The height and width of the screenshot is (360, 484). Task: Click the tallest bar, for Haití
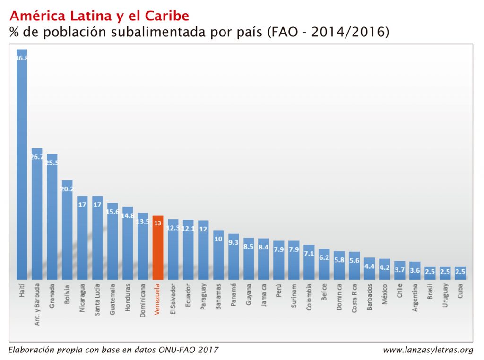tap(22, 165)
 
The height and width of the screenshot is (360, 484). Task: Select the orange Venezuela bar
tap(158, 248)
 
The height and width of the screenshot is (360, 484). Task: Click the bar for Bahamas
tap(218, 255)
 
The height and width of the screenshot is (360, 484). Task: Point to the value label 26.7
tap(37, 157)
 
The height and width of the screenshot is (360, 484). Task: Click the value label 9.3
tap(233, 242)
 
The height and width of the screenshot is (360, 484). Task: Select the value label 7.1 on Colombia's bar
tap(309, 254)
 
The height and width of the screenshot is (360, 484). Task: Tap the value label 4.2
tap(385, 267)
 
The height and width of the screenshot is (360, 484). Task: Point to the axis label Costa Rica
tap(354, 298)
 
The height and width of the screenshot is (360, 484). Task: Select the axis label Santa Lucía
tap(97, 299)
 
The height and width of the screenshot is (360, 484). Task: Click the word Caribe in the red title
tap(167, 16)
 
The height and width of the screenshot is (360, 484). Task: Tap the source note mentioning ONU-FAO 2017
tap(113, 350)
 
